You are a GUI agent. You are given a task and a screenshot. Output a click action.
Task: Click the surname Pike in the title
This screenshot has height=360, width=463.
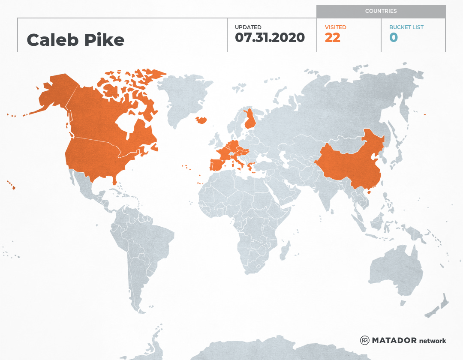point(108,40)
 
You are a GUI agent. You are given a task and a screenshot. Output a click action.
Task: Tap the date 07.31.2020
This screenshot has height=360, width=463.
point(270,38)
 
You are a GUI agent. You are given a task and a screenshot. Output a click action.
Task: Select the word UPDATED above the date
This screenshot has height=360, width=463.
point(248,27)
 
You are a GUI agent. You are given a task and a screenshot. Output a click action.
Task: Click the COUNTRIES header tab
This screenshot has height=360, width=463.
point(381,11)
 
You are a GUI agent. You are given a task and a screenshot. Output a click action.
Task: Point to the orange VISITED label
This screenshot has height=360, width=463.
point(335,27)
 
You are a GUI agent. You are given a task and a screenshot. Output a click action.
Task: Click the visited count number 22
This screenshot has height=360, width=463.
point(332,38)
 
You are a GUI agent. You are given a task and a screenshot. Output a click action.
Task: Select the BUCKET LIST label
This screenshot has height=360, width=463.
point(406,27)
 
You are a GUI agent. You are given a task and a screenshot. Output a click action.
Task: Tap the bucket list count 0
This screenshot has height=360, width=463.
point(394,38)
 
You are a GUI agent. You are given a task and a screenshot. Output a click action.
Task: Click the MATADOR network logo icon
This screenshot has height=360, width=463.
point(364,340)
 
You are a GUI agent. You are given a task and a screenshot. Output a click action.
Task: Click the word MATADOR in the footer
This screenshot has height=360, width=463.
point(394,341)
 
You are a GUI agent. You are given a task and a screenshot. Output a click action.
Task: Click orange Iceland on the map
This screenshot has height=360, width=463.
point(201,120)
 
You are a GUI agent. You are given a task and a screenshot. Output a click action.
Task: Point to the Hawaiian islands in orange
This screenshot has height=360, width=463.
point(12,186)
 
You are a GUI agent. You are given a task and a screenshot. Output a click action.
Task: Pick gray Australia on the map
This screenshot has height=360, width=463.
point(394,270)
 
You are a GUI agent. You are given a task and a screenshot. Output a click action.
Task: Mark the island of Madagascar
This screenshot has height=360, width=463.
point(284,252)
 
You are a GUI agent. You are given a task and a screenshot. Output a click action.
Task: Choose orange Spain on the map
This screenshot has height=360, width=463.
point(218,164)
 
